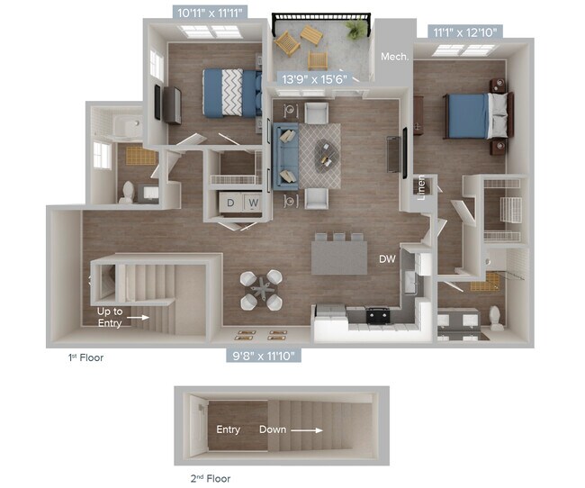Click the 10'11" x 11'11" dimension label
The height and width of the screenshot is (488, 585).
209,14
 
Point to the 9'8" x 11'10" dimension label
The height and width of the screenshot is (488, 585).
261,356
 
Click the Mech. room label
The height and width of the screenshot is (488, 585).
394,57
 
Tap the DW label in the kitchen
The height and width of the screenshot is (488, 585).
387,259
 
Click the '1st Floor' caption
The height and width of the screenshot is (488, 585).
86,357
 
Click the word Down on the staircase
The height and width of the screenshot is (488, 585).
273,429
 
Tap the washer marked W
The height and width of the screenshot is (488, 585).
254,203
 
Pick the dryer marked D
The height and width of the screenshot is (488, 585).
230,203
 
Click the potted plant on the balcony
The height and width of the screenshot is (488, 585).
356,30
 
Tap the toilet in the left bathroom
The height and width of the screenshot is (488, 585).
129,191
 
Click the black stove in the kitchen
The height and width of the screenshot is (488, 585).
377,315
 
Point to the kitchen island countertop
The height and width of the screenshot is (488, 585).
339,258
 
